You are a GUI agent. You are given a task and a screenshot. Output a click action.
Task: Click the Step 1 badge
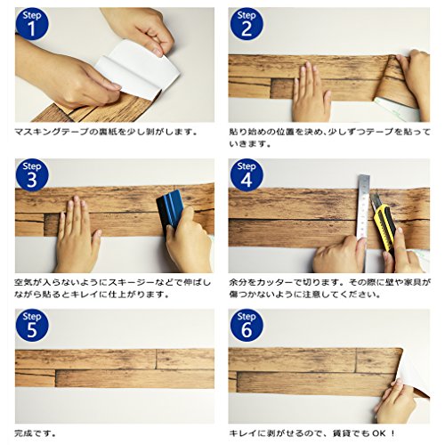click(x=32, y=24)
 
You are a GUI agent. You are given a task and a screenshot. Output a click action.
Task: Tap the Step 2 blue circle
click(x=247, y=24)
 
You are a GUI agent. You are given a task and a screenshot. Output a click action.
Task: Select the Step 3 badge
click(x=32, y=175)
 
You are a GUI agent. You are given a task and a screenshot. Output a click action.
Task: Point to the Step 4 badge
click(x=247, y=175)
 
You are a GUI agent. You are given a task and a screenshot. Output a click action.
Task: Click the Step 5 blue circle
click(x=32, y=326)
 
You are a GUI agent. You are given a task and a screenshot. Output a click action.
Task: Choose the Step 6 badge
click(x=247, y=326)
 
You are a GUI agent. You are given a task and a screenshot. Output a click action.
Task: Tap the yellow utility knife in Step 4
click(x=383, y=224)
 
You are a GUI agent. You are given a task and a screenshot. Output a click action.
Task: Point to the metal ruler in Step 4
click(x=364, y=222)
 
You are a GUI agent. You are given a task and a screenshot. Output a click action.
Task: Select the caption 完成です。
click(x=35, y=433)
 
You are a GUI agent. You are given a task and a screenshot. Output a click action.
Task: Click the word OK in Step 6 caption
click(x=379, y=433)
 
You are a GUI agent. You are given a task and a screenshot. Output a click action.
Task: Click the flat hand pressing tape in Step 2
click(x=311, y=93)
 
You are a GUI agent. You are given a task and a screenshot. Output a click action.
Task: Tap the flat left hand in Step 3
click(x=77, y=234)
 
